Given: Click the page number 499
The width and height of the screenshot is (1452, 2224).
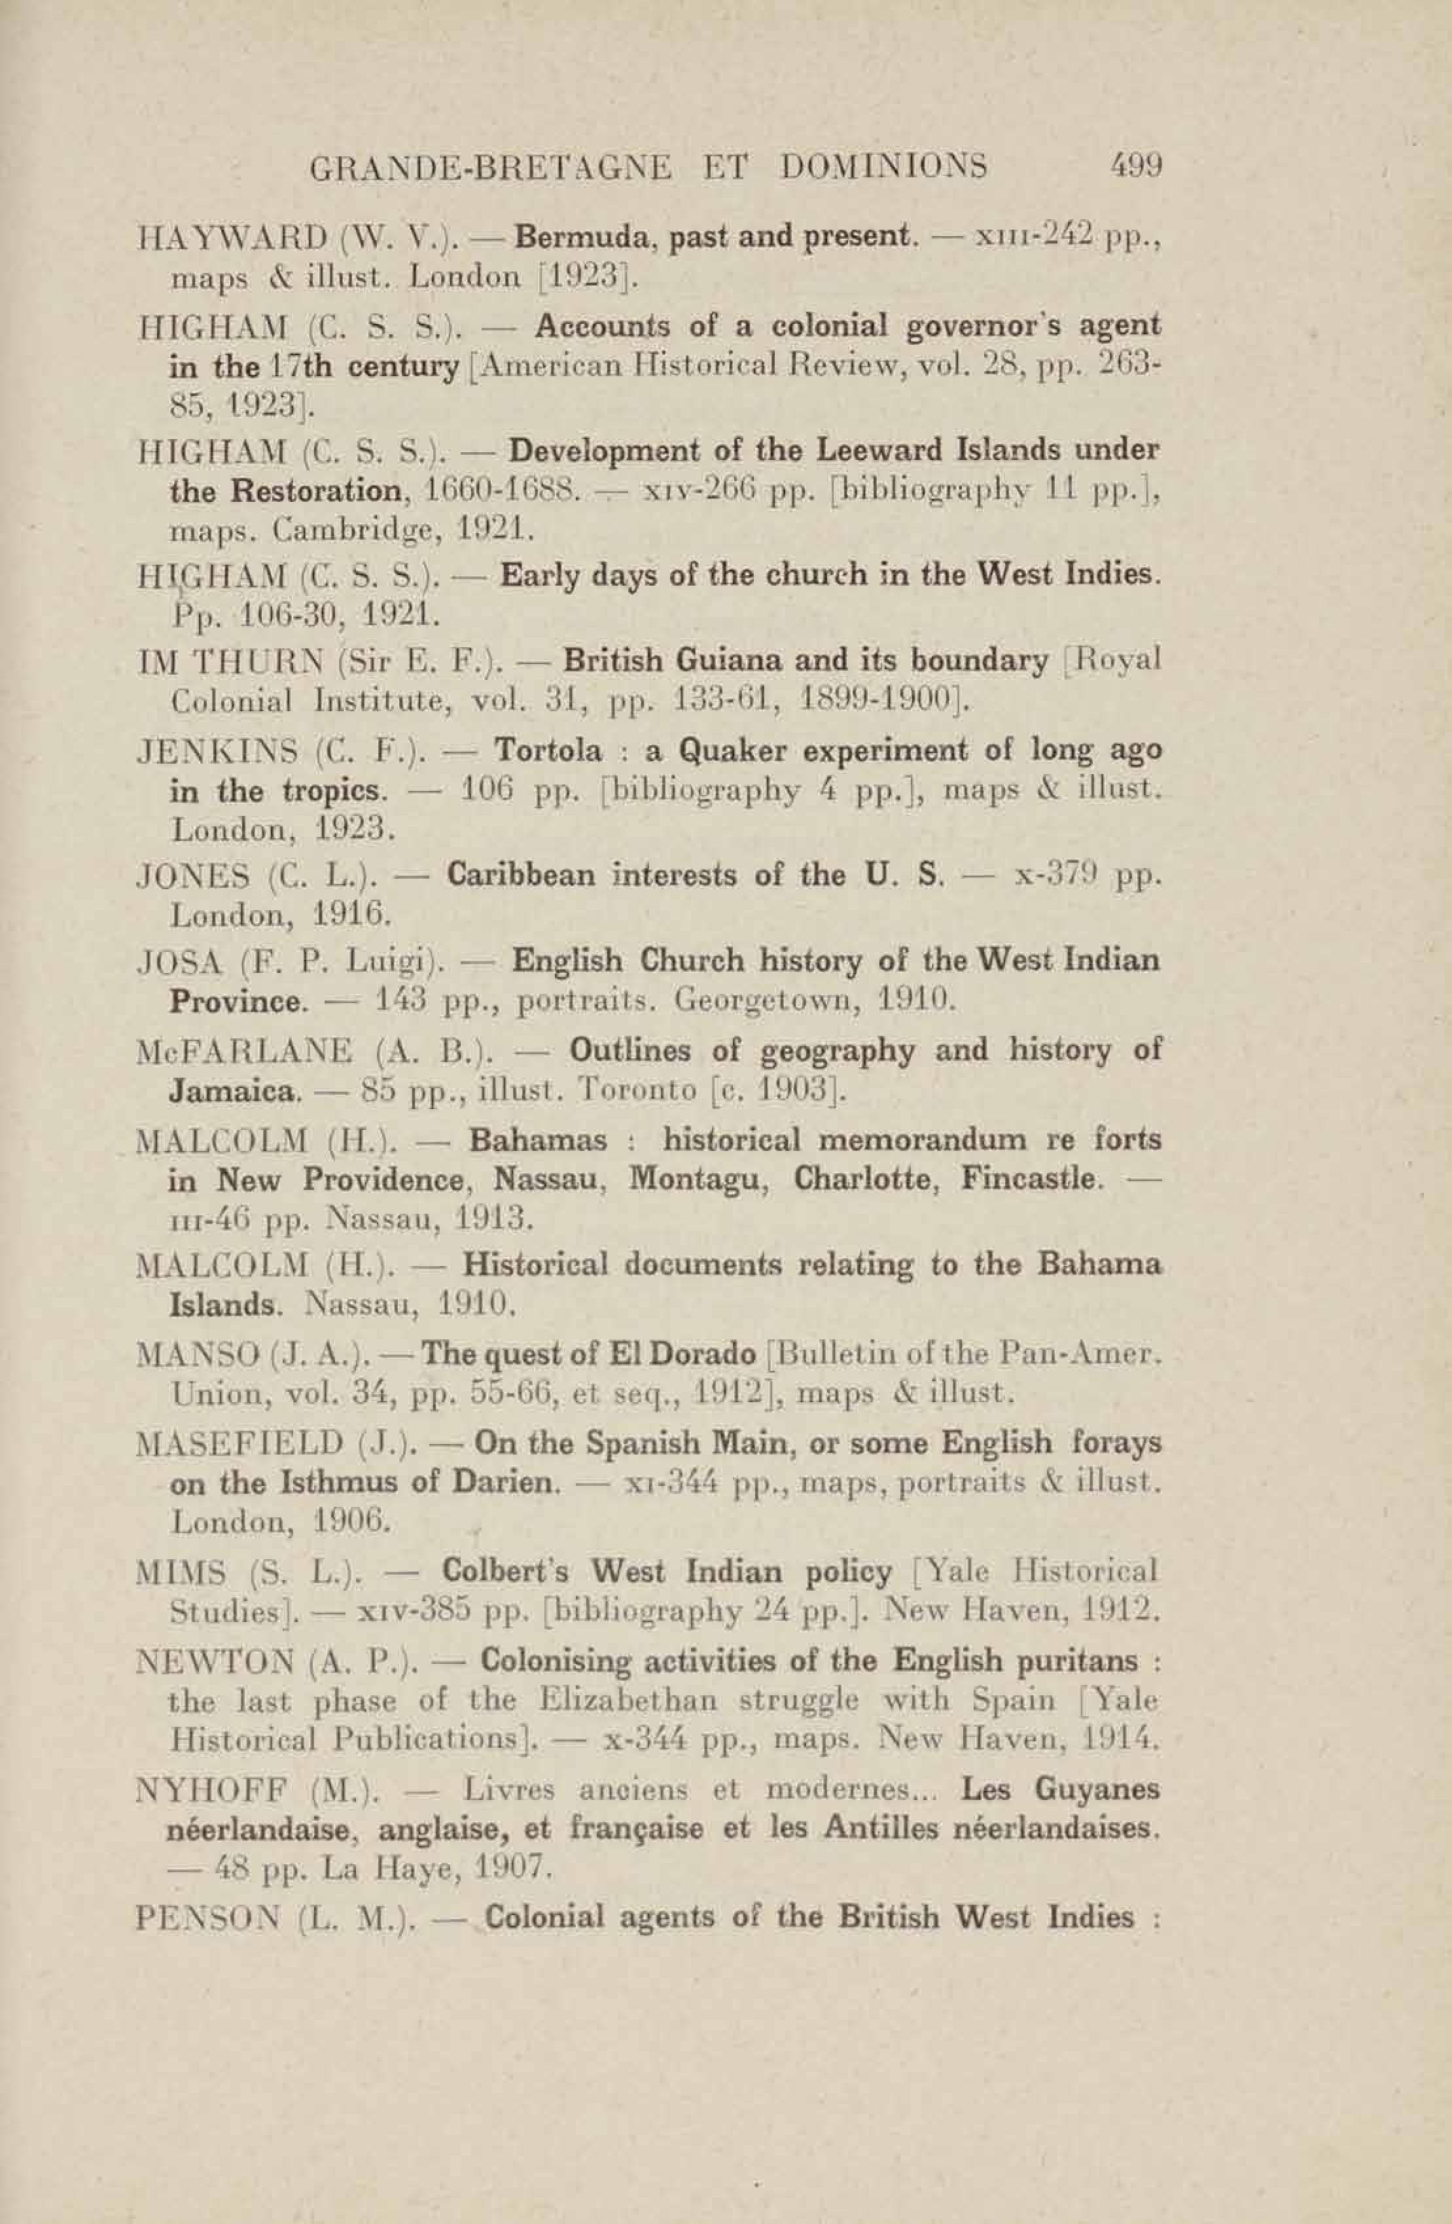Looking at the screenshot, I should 1135,166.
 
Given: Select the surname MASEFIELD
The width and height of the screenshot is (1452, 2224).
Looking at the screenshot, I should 238,1443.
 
